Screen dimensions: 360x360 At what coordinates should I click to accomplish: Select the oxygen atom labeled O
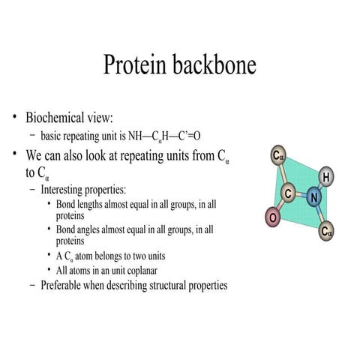pos(273,217)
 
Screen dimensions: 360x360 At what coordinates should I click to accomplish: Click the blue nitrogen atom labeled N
pos(314,198)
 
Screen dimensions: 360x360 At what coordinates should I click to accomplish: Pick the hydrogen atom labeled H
pos(326,177)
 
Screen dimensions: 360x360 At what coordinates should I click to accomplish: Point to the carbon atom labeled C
pos(288,193)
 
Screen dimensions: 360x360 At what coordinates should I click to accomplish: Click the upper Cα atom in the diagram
pos(279,157)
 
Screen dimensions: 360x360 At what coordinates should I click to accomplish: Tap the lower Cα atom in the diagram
pos(326,231)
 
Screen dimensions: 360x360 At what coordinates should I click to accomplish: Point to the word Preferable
pos(67,285)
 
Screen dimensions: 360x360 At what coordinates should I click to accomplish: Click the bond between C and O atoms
pos(280,206)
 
